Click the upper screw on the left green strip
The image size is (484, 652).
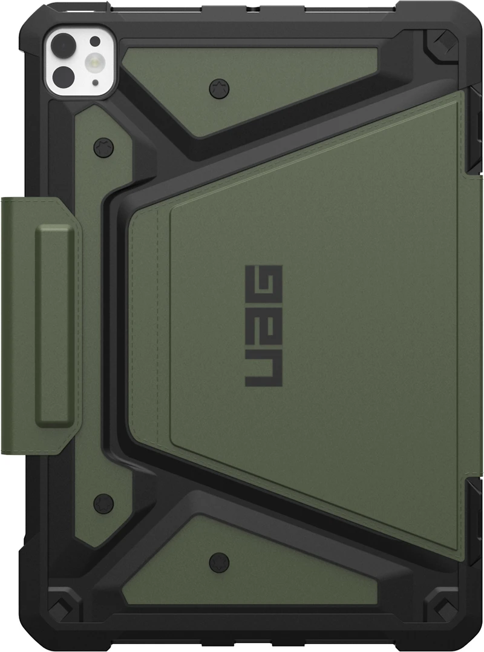click(x=103, y=147)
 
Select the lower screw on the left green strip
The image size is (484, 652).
click(x=103, y=503)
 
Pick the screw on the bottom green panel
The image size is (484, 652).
click(x=218, y=561)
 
